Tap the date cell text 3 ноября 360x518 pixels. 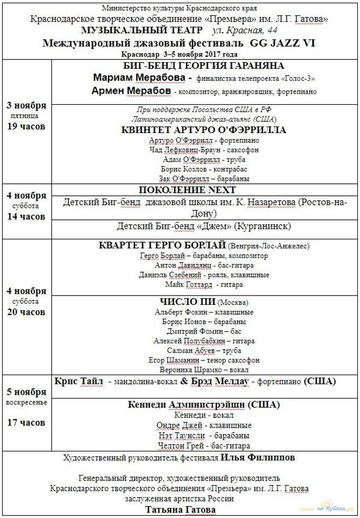click(26, 105)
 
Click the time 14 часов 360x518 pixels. click(26, 216)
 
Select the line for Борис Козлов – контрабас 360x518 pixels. click(205, 169)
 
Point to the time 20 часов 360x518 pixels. click(26, 312)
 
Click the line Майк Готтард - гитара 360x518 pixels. click(205, 284)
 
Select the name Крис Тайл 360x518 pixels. click(79, 381)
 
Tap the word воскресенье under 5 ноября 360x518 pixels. click(26, 402)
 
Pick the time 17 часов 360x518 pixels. click(26, 422)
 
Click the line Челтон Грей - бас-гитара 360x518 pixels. click(205, 445)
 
